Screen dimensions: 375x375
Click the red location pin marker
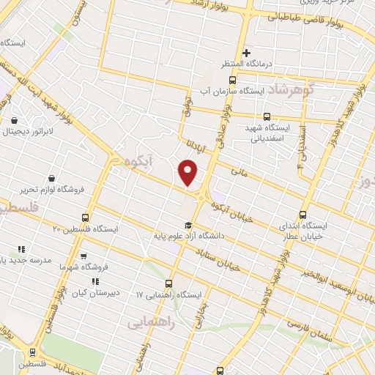coord(188,173)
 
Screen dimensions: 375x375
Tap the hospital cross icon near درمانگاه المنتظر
coord(247,53)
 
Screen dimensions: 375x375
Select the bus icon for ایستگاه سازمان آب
coord(232,80)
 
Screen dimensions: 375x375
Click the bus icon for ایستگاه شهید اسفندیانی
coord(266,116)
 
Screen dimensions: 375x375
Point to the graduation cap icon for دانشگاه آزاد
coord(187,225)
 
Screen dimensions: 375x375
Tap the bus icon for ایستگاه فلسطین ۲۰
coord(86,218)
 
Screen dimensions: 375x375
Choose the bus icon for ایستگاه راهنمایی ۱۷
coord(169,283)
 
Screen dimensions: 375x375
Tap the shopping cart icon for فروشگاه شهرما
coord(83,256)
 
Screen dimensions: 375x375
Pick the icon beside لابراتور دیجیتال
coord(15,119)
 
